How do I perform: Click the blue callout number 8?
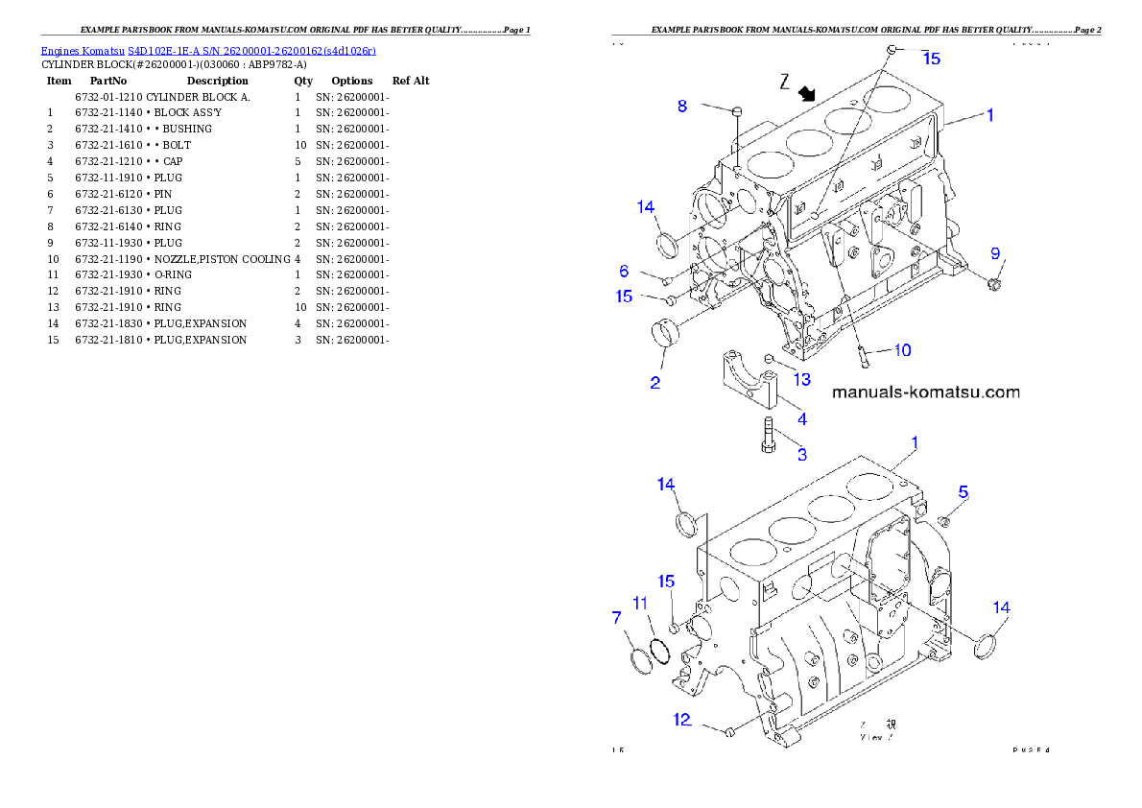click(682, 106)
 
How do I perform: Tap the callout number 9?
click(995, 252)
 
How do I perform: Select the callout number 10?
click(902, 350)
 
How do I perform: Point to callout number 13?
click(801, 379)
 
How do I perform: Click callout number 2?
click(654, 383)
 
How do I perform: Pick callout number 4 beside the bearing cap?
click(802, 418)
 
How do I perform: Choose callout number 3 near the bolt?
click(802, 454)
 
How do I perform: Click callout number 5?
click(963, 492)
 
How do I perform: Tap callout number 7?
click(616, 617)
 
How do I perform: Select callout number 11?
click(640, 603)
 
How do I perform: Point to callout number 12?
click(681, 719)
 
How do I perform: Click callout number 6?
click(624, 272)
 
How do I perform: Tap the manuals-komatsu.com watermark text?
click(925, 392)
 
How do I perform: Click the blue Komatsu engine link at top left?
click(207, 50)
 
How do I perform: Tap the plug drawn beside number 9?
click(993, 284)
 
